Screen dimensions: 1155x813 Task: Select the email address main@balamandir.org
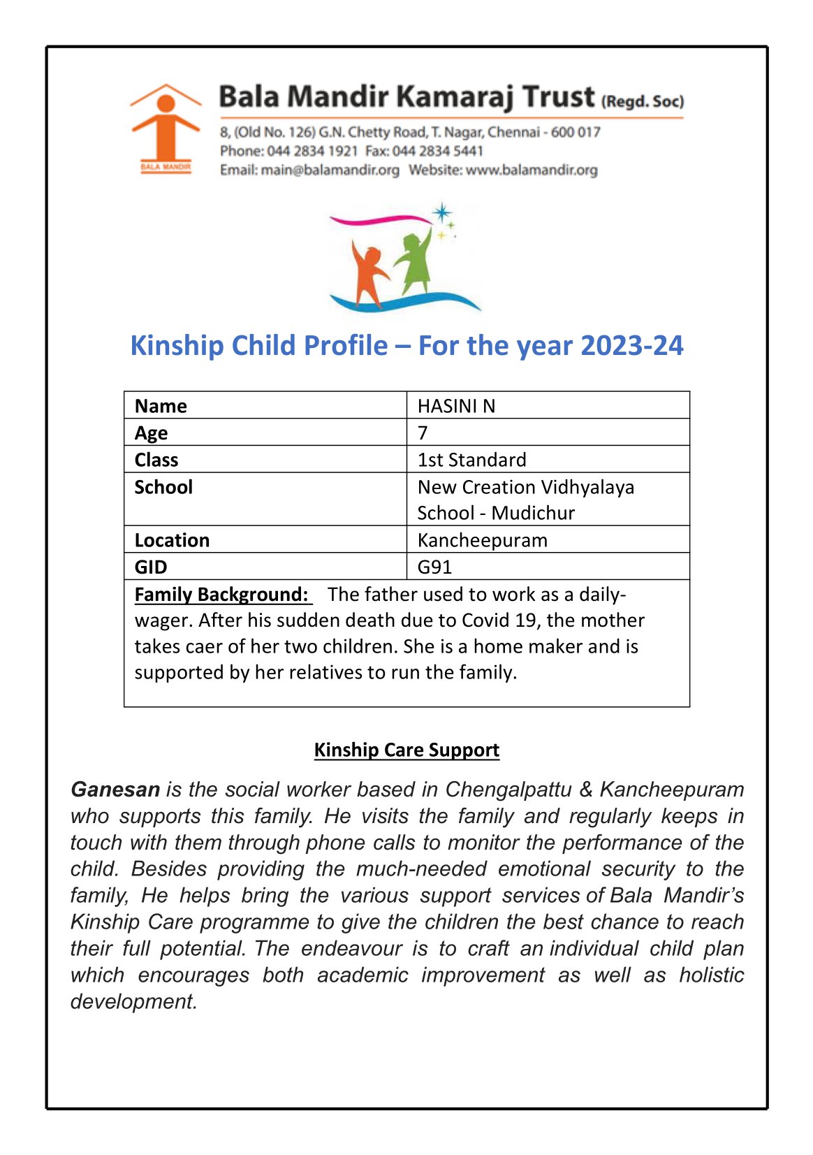330,170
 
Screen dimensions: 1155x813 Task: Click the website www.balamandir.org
532,170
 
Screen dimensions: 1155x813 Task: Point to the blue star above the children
441,212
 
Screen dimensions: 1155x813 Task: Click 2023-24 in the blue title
631,346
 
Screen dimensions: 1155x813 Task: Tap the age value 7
423,433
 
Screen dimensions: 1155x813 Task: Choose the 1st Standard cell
471,460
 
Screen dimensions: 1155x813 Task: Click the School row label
163,487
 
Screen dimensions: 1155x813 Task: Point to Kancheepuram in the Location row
482,540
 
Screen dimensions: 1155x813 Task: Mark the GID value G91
434,567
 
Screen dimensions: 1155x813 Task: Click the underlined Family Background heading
221,595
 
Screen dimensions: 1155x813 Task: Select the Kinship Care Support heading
406,750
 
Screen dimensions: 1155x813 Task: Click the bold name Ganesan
115,790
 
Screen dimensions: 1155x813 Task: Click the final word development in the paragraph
133,1001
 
